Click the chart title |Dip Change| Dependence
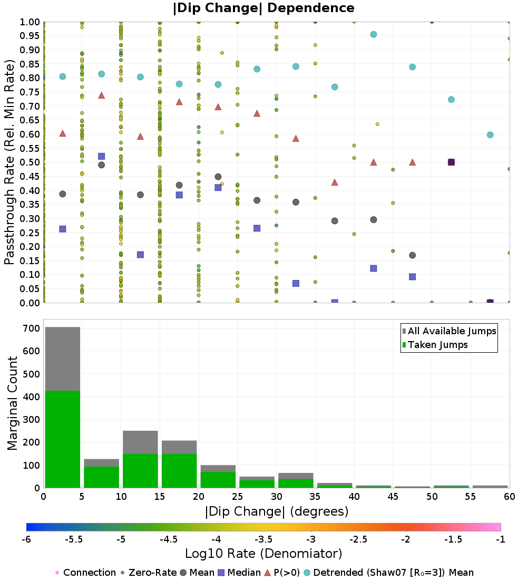pyautogui.click(x=263, y=8)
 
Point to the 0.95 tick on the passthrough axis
pyautogui.click(x=31, y=36)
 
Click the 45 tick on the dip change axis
pyautogui.click(x=393, y=496)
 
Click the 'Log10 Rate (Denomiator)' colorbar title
pyautogui.click(x=263, y=554)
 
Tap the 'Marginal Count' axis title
pyautogui.click(x=11, y=403)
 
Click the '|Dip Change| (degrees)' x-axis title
pyautogui.click(x=276, y=511)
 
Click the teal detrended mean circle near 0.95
pyautogui.click(x=373, y=34)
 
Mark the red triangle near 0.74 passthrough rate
pyautogui.click(x=101, y=95)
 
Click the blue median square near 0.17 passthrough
pyautogui.click(x=140, y=255)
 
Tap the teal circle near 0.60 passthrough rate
pyautogui.click(x=490, y=135)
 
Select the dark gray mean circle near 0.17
pyautogui.click(x=412, y=255)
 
